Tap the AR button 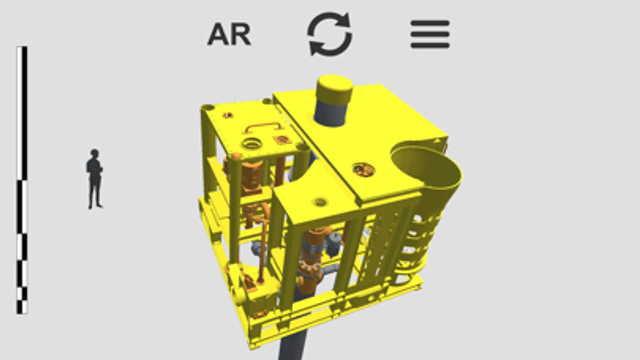click(x=229, y=34)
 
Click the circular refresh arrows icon click(x=329, y=34)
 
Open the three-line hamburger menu click(x=430, y=34)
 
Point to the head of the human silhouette click(x=94, y=153)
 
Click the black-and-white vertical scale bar click(x=22, y=180)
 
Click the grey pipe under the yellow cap click(x=330, y=113)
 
